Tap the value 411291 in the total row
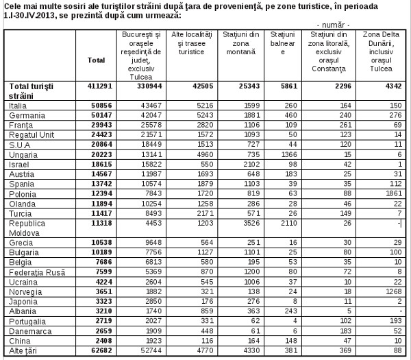pyautogui.click(x=96, y=86)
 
